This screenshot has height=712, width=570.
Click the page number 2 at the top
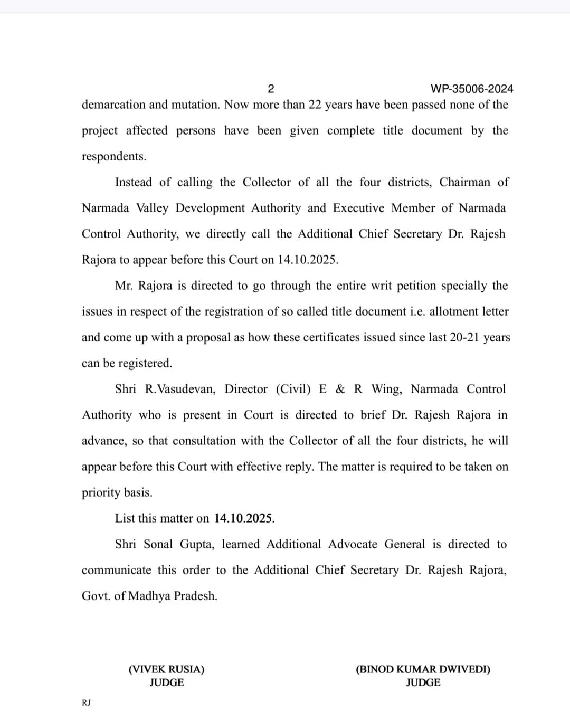pyautogui.click(x=271, y=89)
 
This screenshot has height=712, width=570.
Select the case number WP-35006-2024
pyautogui.click(x=472, y=89)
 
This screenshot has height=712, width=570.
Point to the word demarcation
pyautogui.click(x=113, y=105)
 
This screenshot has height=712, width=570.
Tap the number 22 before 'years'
pyautogui.click(x=315, y=105)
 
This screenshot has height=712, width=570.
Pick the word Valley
pyautogui.click(x=153, y=208)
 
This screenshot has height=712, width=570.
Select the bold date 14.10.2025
pyautogui.click(x=244, y=518)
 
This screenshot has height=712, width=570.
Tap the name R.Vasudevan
pyautogui.click(x=180, y=389)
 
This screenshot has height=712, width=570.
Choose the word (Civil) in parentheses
pyautogui.click(x=293, y=389)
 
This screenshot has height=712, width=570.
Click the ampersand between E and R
pyautogui.click(x=340, y=389)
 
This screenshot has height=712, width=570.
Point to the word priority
pyautogui.click(x=100, y=492)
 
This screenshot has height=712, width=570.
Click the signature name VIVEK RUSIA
pyautogui.click(x=166, y=669)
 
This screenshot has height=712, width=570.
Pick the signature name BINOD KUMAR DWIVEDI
pyautogui.click(x=423, y=669)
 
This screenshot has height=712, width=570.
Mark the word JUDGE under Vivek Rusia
pyautogui.click(x=166, y=682)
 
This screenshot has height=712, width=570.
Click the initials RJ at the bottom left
pyautogui.click(x=86, y=703)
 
